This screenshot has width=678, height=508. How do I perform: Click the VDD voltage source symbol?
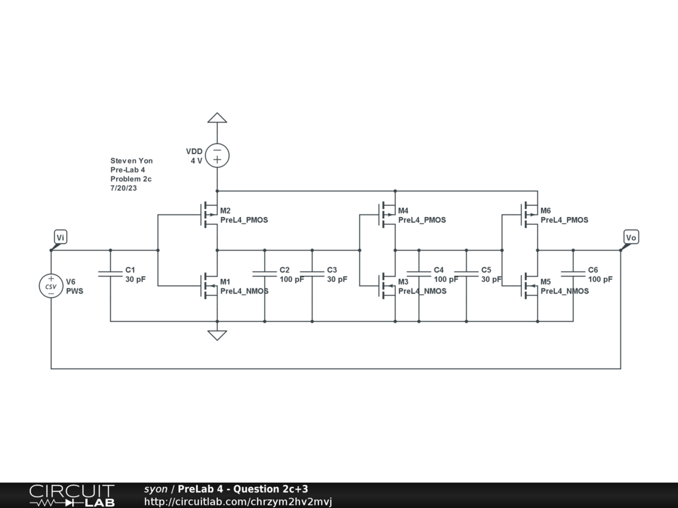pyautogui.click(x=217, y=155)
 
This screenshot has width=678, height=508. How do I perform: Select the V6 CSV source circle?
pyautogui.click(x=51, y=286)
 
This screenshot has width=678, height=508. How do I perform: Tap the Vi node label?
pyautogui.click(x=60, y=237)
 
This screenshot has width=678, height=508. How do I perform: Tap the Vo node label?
pyautogui.click(x=631, y=237)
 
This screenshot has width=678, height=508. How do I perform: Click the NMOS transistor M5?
pyautogui.click(x=530, y=286)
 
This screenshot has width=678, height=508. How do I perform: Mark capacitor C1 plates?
pyautogui.click(x=110, y=274)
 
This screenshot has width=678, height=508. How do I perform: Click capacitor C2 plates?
pyautogui.click(x=265, y=274)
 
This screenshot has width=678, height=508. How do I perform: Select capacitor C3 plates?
pyautogui.click(x=313, y=274)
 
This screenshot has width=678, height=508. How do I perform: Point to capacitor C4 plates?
pyautogui.click(x=418, y=274)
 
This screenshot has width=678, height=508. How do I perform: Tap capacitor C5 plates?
pyautogui.click(x=466, y=274)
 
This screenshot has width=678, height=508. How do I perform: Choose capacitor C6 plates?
pyautogui.click(x=573, y=274)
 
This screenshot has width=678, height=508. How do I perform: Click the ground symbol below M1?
pyautogui.click(x=217, y=334)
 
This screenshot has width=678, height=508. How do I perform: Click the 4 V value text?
pyautogui.click(x=196, y=161)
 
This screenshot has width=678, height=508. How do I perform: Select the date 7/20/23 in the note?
pyautogui.click(x=124, y=189)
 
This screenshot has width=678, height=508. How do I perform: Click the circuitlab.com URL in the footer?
pyautogui.click(x=238, y=501)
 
